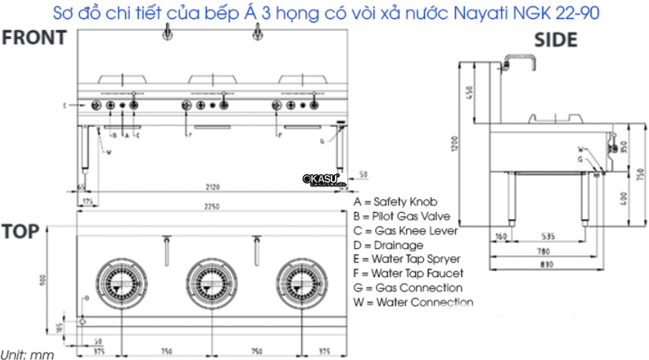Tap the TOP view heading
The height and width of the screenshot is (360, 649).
click(x=20, y=232)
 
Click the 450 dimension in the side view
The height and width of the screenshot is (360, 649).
click(x=469, y=94)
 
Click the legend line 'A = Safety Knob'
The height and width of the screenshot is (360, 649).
click(x=395, y=202)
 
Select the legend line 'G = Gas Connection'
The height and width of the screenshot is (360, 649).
click(x=408, y=288)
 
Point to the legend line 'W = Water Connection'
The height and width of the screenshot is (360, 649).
click(x=413, y=302)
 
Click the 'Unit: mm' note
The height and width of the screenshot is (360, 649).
click(x=27, y=353)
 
